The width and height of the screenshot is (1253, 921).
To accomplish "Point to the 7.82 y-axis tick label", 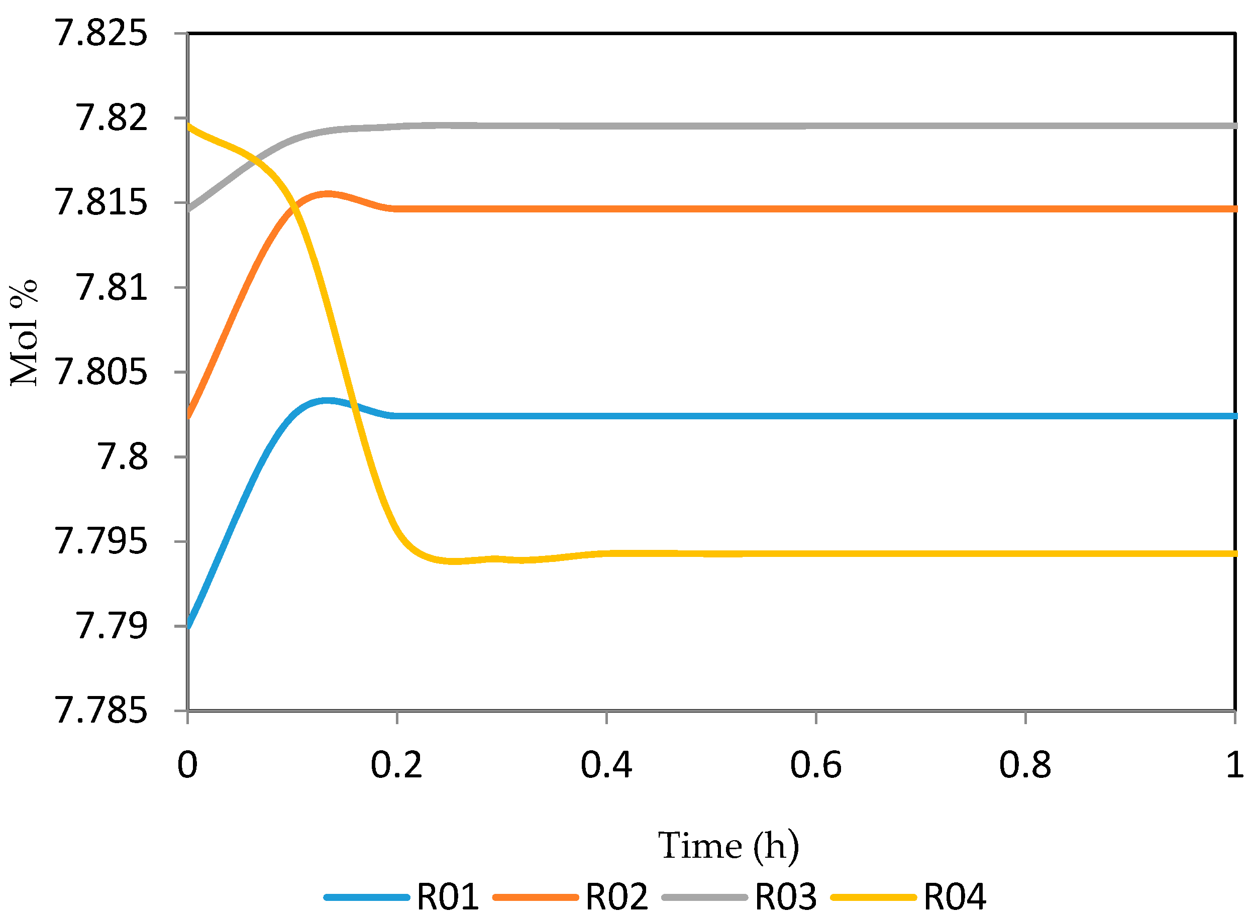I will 112,118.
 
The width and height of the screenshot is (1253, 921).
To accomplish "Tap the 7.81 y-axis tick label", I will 112,288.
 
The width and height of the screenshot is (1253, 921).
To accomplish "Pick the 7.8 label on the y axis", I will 123,457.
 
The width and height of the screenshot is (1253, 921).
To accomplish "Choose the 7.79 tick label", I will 112,626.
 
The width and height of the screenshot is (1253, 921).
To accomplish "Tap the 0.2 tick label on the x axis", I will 396,765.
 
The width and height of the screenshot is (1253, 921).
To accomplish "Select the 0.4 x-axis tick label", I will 606,765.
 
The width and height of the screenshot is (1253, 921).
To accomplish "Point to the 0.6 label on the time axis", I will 816,765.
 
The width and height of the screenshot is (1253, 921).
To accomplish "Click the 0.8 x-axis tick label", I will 1025,765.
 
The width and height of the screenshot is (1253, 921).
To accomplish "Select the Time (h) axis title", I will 728,847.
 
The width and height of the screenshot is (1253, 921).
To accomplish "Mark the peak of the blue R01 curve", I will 328,401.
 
